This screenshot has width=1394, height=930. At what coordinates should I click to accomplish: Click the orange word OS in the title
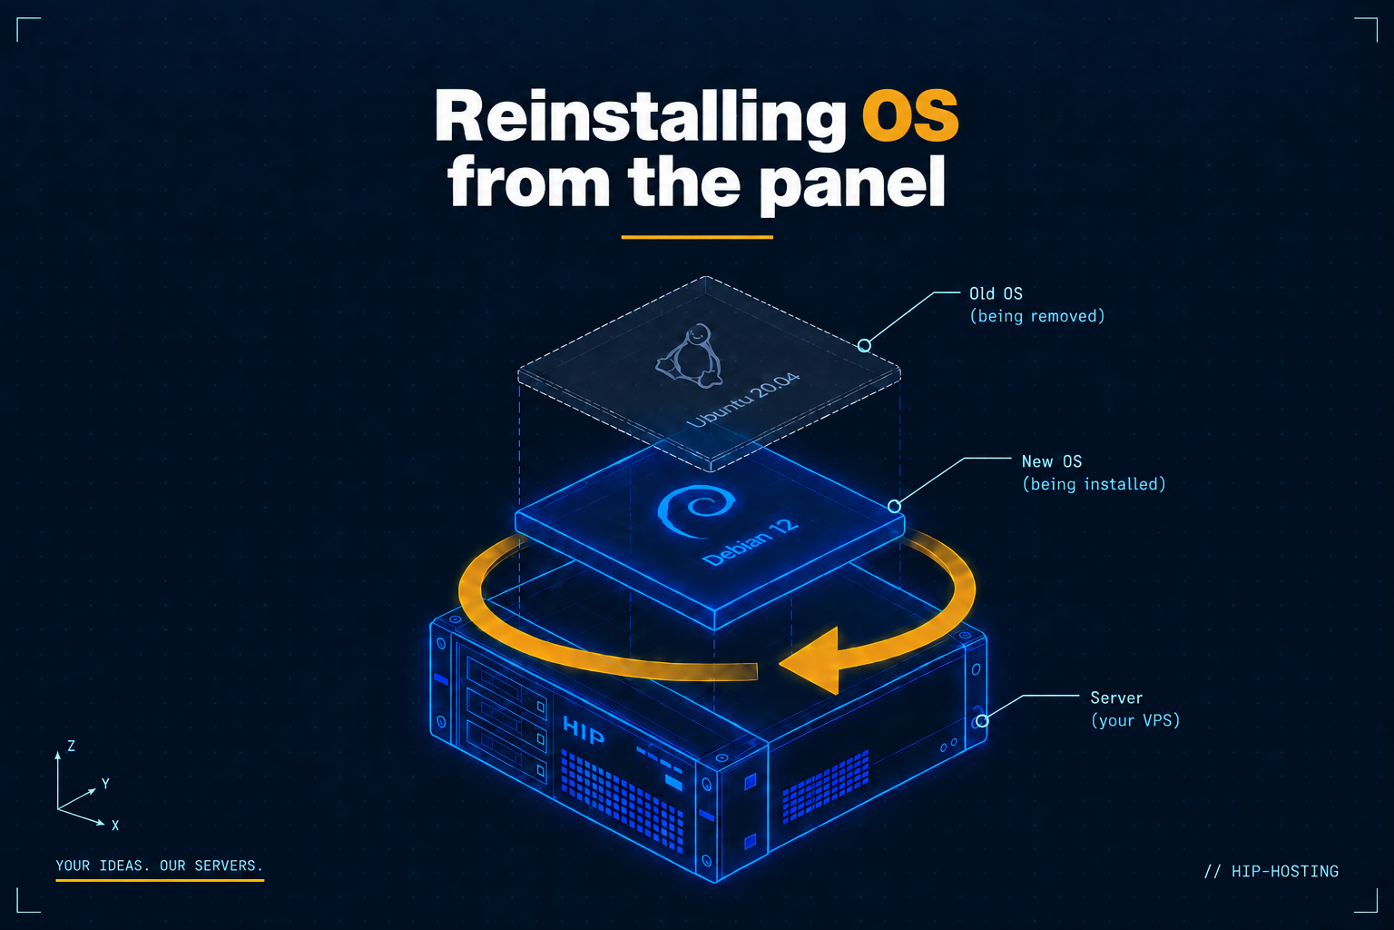click(910, 116)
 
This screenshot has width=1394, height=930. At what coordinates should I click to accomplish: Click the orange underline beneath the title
click(697, 237)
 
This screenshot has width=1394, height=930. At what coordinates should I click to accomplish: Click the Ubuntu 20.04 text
click(743, 400)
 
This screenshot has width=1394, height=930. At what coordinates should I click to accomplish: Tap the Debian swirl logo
click(696, 510)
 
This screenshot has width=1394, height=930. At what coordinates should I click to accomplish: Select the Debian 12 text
click(751, 541)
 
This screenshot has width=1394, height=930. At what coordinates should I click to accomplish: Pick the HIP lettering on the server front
click(584, 730)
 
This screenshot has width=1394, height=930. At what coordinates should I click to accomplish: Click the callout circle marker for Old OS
click(864, 346)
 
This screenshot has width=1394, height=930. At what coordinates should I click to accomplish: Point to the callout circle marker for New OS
click(894, 507)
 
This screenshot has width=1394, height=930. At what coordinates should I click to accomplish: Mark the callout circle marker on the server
click(982, 721)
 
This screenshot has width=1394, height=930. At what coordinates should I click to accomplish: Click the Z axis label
click(72, 746)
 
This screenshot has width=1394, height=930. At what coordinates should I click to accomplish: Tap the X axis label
click(115, 826)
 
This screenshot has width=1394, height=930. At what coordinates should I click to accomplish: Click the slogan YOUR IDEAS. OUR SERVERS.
click(160, 866)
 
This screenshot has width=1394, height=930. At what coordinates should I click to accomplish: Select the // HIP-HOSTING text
click(1271, 871)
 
